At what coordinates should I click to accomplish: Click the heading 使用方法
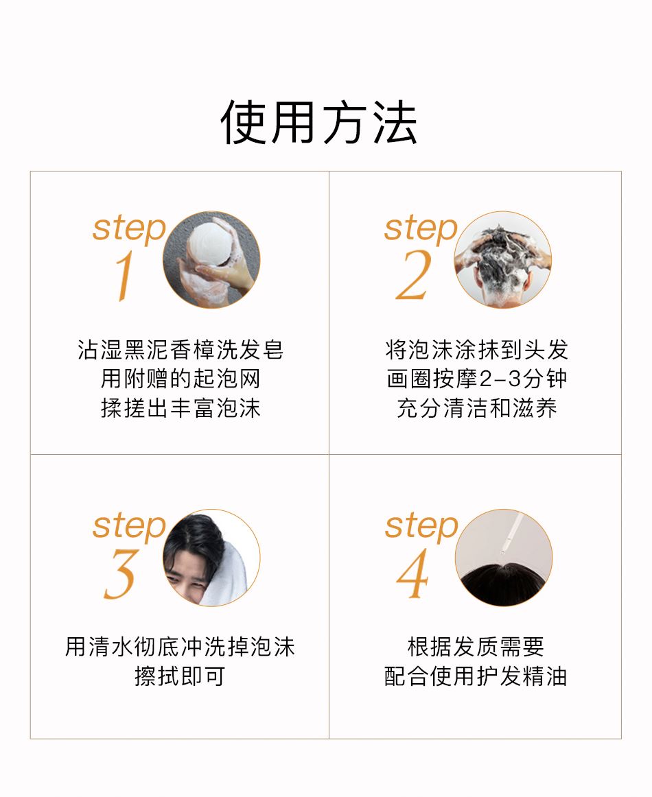tap(319, 122)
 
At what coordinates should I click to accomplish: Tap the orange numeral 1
tap(124, 276)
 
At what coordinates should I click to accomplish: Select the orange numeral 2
tap(414, 274)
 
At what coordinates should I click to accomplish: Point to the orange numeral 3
tap(121, 574)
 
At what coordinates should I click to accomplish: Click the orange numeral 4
tap(413, 574)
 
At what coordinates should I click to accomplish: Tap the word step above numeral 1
tap(129, 229)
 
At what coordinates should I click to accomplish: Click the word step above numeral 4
tap(421, 527)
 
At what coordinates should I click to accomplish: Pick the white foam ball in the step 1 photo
tap(210, 243)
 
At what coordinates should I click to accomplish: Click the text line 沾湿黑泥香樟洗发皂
tap(181, 350)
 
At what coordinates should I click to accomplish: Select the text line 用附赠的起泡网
tap(181, 379)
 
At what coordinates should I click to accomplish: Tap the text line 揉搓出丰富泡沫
tap(181, 408)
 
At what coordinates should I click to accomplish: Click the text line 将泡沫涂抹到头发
tap(476, 350)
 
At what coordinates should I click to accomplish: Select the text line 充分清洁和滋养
tap(476, 408)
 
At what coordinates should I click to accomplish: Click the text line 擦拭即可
tap(180, 676)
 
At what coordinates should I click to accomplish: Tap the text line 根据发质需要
tap(476, 647)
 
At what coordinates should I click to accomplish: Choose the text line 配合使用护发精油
tap(476, 676)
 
